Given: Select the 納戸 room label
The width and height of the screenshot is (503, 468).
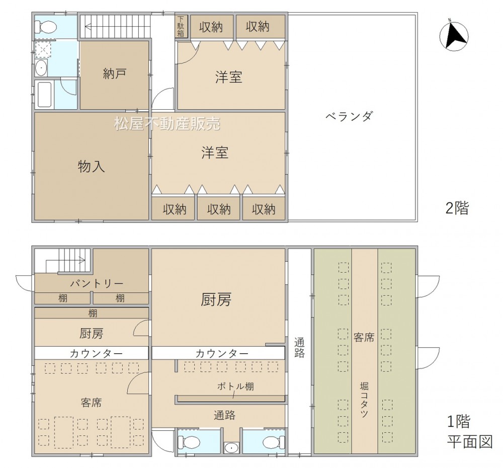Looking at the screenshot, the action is (114, 74).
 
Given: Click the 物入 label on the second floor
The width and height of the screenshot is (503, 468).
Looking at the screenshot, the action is (91, 167).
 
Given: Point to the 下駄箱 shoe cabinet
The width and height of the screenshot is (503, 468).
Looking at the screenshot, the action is (181, 26).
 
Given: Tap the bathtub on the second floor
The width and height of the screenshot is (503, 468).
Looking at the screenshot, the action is (44, 95).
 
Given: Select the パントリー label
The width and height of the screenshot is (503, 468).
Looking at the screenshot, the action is (97, 284).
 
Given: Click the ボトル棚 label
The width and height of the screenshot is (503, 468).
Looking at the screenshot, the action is (235, 386).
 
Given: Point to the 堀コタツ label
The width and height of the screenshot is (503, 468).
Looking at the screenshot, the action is (364, 400).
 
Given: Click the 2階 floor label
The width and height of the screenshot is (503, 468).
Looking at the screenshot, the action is (457, 208).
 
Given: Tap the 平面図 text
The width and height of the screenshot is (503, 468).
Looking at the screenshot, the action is (470, 442).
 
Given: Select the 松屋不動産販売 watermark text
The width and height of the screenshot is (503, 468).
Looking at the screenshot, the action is (167, 124).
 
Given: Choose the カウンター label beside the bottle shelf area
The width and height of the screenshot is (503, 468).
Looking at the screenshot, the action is (222, 354).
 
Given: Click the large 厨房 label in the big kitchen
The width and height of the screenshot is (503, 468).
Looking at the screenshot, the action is (216, 300).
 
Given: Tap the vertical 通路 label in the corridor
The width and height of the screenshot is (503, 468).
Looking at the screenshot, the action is (299, 348).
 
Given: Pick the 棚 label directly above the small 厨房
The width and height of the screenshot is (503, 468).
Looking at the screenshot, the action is (93, 313).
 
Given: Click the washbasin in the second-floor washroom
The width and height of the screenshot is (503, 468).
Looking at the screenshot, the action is (41, 68).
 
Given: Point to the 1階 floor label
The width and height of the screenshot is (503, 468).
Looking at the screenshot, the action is (459, 421).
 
